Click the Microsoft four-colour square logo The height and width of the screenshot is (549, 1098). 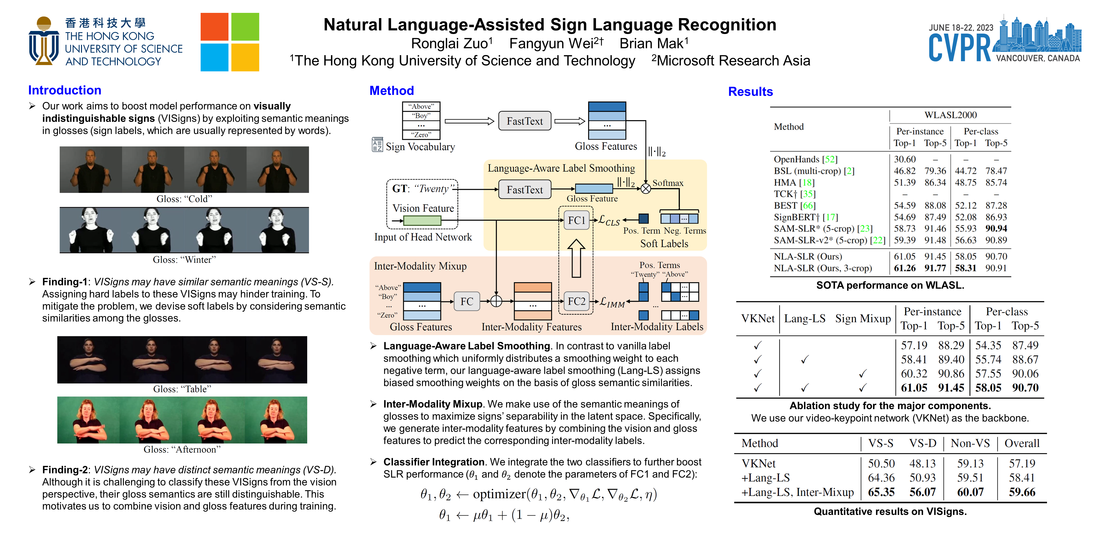(230, 42)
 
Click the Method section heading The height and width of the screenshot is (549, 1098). (391, 91)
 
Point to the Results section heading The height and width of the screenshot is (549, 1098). (750, 92)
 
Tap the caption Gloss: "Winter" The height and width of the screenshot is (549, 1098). (184, 259)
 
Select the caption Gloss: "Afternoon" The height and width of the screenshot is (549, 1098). (182, 449)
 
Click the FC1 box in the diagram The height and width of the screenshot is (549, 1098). (576, 220)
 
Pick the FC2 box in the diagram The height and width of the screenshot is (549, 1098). (576, 301)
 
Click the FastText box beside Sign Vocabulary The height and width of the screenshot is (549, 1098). (525, 121)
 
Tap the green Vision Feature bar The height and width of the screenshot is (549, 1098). (422, 220)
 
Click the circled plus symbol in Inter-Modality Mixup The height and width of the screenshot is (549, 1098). (496, 301)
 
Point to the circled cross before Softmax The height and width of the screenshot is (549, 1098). (646, 188)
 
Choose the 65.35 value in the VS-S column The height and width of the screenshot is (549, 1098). (881, 492)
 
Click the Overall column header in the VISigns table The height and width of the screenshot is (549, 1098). (1022, 443)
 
